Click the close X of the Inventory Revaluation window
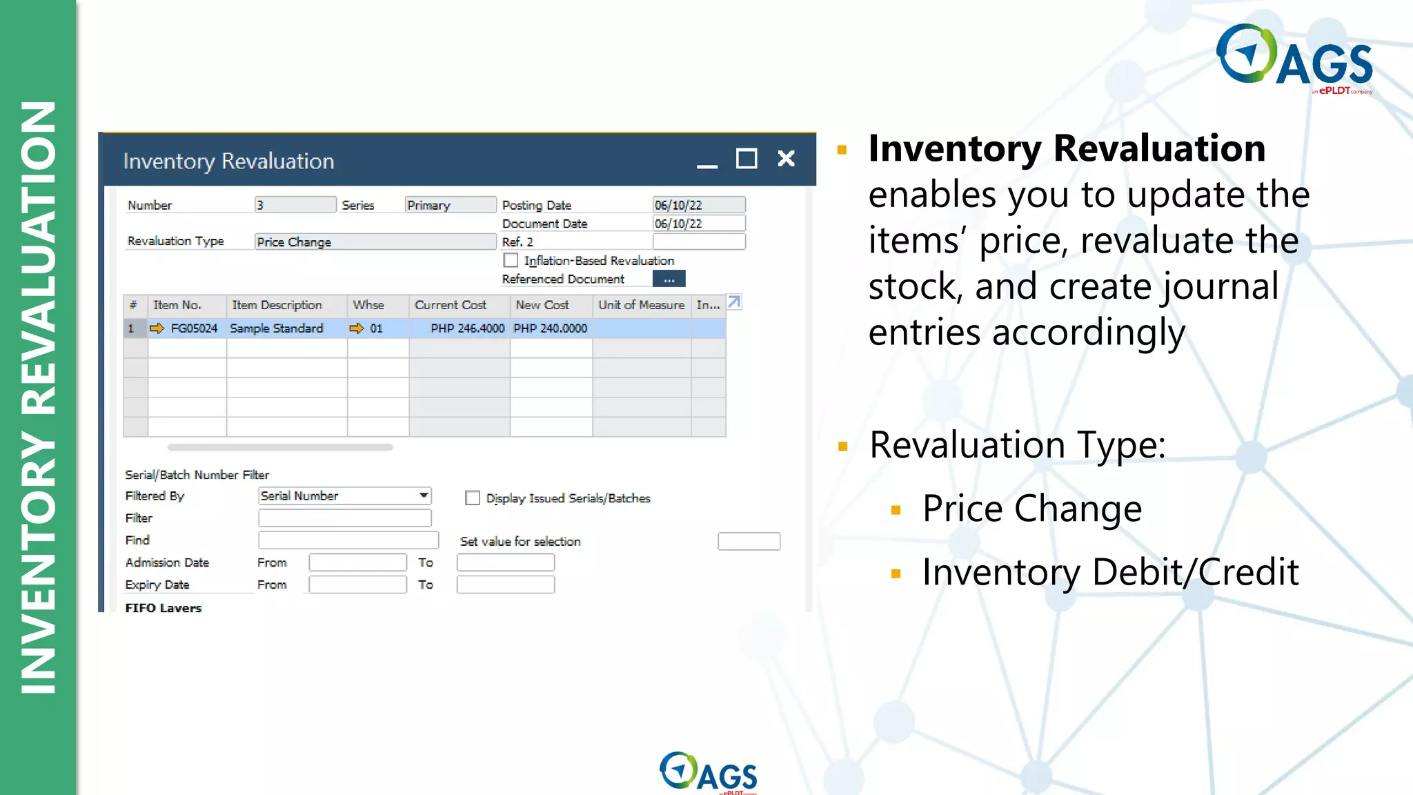coord(786,159)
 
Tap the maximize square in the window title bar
coord(746,159)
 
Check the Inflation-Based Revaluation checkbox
coord(511,260)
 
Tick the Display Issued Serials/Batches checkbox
coord(473,498)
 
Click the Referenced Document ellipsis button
coord(669,279)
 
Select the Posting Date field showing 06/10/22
coord(698,205)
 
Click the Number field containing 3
coord(295,205)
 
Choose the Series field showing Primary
coord(450,205)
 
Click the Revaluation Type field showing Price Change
coord(375,242)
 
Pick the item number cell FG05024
coord(194,328)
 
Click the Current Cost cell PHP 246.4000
coord(467,328)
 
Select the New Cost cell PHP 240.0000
coord(551,328)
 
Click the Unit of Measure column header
coord(641,305)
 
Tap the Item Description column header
coord(277,305)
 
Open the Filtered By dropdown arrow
coord(424,495)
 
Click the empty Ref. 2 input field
coord(698,242)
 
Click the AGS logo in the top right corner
coord(1294,59)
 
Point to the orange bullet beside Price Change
coord(896,510)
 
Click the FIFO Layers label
coord(164,608)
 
